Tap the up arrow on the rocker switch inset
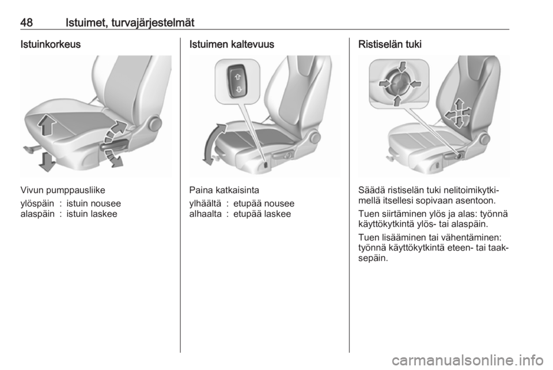(x=237, y=74)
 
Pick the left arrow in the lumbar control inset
(x=383, y=84)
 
